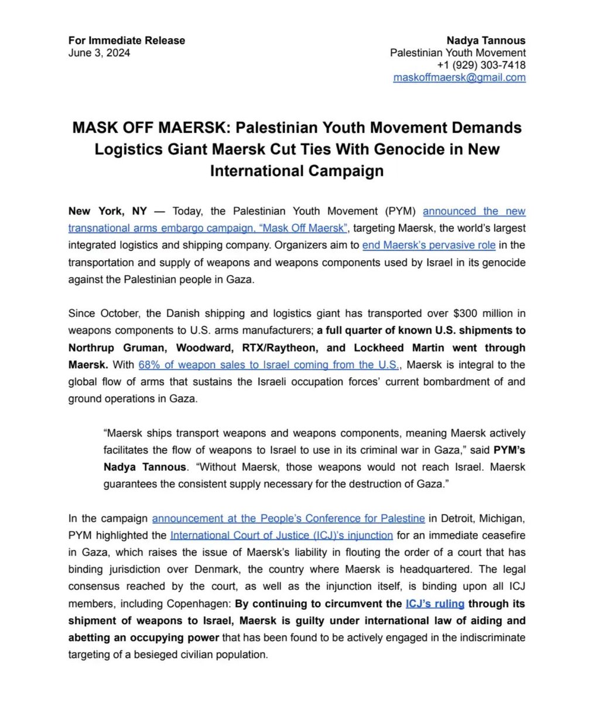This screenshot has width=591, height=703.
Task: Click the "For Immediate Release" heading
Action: click(127, 40)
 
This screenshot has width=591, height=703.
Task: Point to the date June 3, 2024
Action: click(99, 53)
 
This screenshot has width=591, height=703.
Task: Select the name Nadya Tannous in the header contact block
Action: click(486, 40)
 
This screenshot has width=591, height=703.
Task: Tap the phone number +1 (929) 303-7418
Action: click(481, 65)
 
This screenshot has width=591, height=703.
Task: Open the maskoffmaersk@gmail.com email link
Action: click(459, 77)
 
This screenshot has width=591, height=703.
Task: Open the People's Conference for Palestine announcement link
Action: click(288, 518)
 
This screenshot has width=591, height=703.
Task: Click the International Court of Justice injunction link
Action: click(281, 535)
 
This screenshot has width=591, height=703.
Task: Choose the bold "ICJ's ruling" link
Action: click(435, 603)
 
